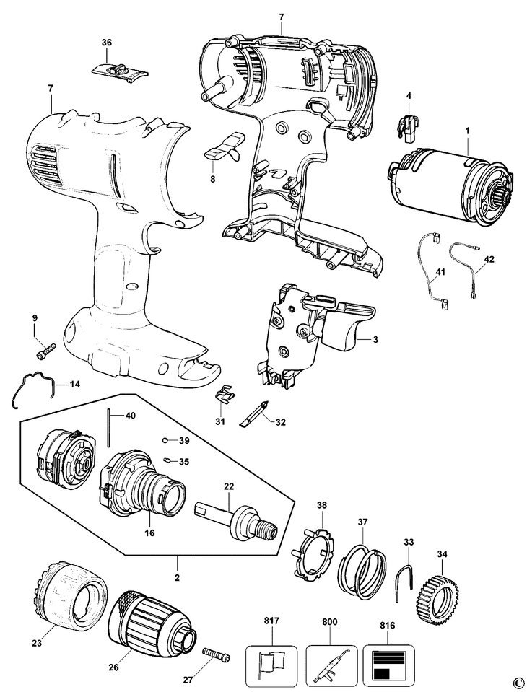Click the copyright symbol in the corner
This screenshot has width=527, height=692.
(517, 682)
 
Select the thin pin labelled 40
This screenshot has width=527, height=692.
(109, 427)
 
